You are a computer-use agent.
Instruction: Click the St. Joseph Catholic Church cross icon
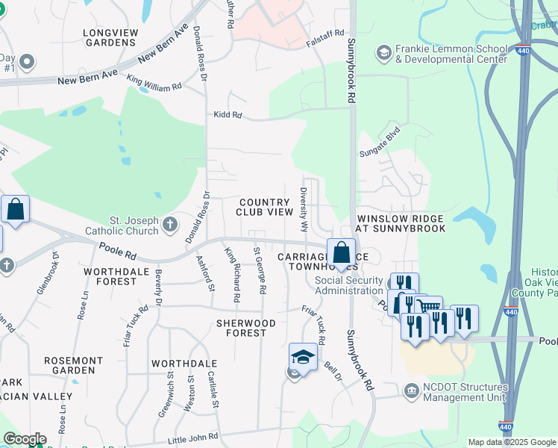coord(170,223)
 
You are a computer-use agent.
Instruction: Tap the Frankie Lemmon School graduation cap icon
coord(383,52)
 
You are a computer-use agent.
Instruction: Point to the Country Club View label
coord(265,207)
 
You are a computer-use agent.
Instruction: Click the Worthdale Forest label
coord(110,276)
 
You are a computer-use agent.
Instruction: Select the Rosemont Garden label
coord(84,365)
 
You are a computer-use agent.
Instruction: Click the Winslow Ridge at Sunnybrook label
coord(401,223)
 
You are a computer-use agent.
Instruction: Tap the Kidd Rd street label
coord(228,115)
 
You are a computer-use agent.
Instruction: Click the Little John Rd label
coord(193,436)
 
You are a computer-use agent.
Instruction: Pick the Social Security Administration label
coord(349,285)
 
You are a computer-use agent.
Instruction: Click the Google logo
coord(24,439)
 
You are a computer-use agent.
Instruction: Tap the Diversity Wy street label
coord(304,209)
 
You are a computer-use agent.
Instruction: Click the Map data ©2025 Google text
coord(511,442)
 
